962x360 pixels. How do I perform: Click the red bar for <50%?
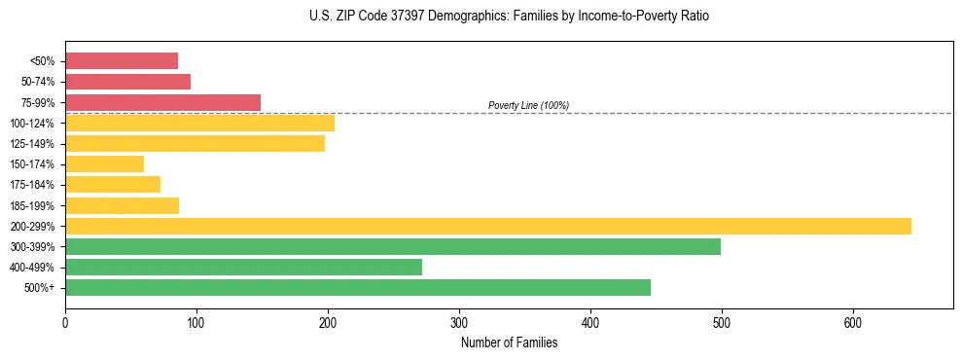(x=122, y=61)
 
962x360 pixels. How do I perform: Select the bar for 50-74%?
(x=127, y=82)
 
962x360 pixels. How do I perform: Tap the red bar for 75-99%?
(x=162, y=102)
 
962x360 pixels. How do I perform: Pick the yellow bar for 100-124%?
(x=199, y=123)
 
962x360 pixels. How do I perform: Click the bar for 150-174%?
(x=104, y=164)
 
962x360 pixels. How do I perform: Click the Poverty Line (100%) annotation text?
(x=528, y=105)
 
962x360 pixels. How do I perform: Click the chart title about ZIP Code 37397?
(x=510, y=17)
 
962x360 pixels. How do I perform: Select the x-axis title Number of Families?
(x=509, y=342)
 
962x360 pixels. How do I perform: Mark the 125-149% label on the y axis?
(x=32, y=144)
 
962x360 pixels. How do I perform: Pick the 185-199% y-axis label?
(x=32, y=205)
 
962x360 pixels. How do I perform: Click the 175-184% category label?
(x=32, y=185)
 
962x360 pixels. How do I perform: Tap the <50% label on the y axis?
(x=42, y=61)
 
